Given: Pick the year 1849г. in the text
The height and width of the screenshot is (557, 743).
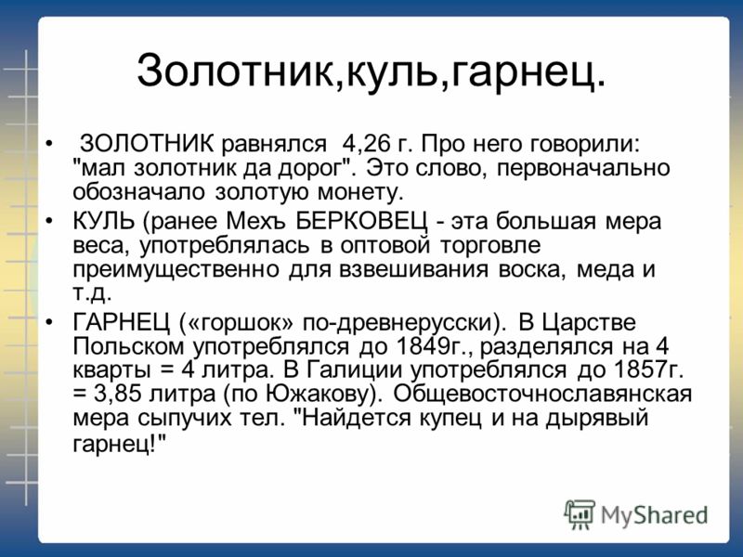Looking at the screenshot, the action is point(433,346).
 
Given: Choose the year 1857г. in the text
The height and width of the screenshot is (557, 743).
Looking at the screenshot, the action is point(648,369).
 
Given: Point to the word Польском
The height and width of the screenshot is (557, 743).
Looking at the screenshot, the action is point(128,346).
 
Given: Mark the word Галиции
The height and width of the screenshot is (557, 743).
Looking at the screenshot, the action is point(354,370).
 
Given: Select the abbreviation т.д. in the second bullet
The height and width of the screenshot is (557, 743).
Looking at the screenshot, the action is point(92,293).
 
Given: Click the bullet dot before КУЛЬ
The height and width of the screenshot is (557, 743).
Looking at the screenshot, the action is point(49,221).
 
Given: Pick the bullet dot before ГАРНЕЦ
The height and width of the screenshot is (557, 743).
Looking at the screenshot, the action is point(49,322).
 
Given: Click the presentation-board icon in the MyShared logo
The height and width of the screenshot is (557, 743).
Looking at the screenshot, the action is point(579,514).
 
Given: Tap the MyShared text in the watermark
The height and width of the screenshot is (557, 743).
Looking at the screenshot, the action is point(654,515).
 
